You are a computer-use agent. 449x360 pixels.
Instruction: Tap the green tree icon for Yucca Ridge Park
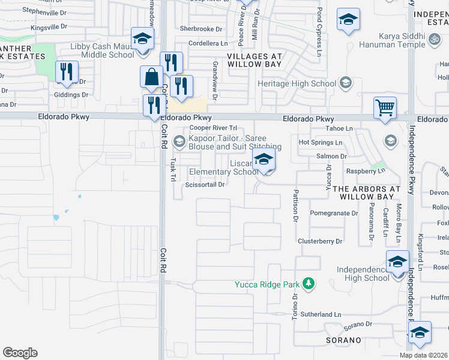[x=309, y=283]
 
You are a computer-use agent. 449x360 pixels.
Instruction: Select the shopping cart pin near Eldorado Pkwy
[x=385, y=109]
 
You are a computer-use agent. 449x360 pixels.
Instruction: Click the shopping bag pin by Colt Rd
[x=151, y=77]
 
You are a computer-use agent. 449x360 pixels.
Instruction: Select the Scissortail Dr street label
[x=205, y=185]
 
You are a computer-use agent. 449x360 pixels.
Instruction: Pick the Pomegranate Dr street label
[x=334, y=213]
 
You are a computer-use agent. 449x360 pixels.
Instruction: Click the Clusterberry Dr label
[x=320, y=241]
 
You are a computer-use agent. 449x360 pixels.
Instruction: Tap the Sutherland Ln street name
[x=321, y=314]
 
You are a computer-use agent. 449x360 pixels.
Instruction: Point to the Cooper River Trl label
[x=214, y=128]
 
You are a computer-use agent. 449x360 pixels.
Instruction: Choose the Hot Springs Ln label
[x=321, y=143]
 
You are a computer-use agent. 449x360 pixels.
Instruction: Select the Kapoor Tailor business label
[x=235, y=142]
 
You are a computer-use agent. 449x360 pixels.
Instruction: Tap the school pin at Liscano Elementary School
[x=264, y=160]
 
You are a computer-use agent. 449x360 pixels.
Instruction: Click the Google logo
[x=20, y=353]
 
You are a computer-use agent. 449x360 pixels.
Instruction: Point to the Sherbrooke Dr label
[x=200, y=29]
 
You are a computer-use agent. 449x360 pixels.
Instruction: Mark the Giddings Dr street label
[x=71, y=95]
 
